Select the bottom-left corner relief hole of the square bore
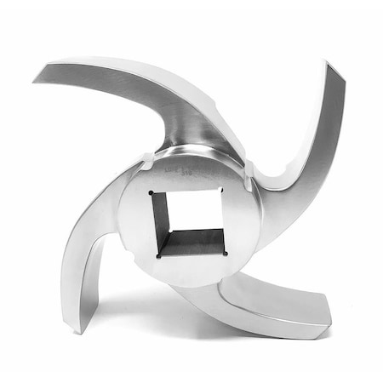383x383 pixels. (x=157, y=254)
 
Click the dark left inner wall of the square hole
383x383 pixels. (x=163, y=224)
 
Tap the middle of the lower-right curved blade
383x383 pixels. (x=255, y=302)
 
